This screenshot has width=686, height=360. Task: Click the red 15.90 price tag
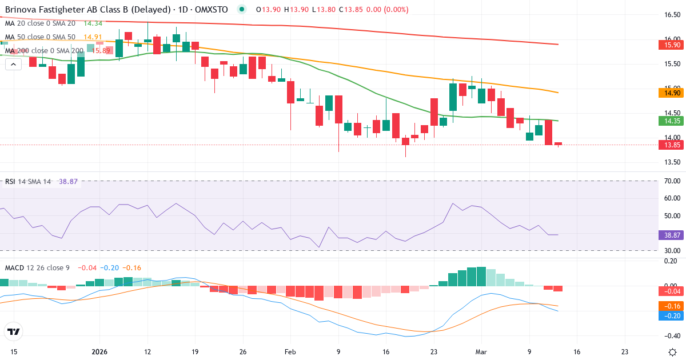point(672,45)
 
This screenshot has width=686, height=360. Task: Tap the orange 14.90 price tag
point(672,93)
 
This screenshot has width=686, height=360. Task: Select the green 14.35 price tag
point(672,121)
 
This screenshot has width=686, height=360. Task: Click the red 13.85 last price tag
point(672,145)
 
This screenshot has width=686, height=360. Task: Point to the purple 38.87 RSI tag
point(672,235)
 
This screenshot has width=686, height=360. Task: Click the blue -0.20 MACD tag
point(672,315)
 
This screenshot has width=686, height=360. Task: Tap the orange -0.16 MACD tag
point(672,306)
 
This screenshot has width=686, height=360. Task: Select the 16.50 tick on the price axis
point(672,15)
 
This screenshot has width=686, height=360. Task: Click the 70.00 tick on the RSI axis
point(672,181)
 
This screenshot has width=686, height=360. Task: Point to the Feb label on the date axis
point(290,352)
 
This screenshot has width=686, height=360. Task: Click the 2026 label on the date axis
point(99,352)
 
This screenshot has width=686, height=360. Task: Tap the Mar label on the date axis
point(481,352)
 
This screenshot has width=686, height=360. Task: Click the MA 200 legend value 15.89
point(97,51)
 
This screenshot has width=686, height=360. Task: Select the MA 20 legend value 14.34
point(93,23)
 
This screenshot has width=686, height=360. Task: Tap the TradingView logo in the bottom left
point(14,331)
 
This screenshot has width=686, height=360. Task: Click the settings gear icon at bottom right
point(672,352)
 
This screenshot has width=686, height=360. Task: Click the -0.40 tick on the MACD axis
point(672,335)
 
